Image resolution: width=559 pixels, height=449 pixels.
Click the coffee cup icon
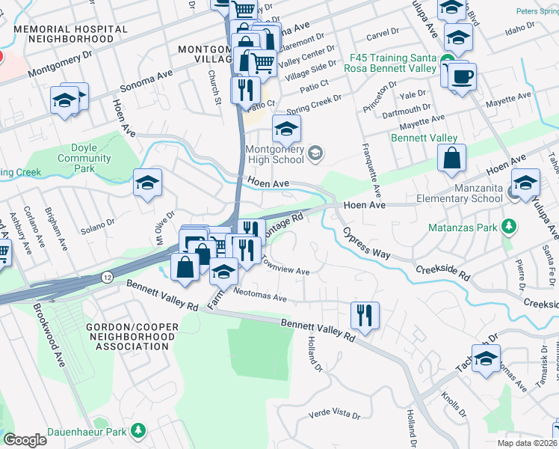click(461, 76)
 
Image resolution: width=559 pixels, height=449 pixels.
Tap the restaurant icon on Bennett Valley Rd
click(365, 314)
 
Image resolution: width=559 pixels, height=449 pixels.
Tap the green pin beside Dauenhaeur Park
click(138, 430)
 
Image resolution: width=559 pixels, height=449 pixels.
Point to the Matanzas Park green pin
click(509, 226)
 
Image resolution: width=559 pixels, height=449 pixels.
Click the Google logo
click(25, 440)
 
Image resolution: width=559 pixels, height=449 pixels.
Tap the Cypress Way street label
click(366, 242)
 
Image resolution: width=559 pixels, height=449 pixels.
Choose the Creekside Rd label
click(442, 272)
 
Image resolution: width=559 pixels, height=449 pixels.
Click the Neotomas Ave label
click(260, 297)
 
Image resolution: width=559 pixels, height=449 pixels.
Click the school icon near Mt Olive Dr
click(148, 183)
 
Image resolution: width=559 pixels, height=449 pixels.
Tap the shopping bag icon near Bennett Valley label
click(452, 159)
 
